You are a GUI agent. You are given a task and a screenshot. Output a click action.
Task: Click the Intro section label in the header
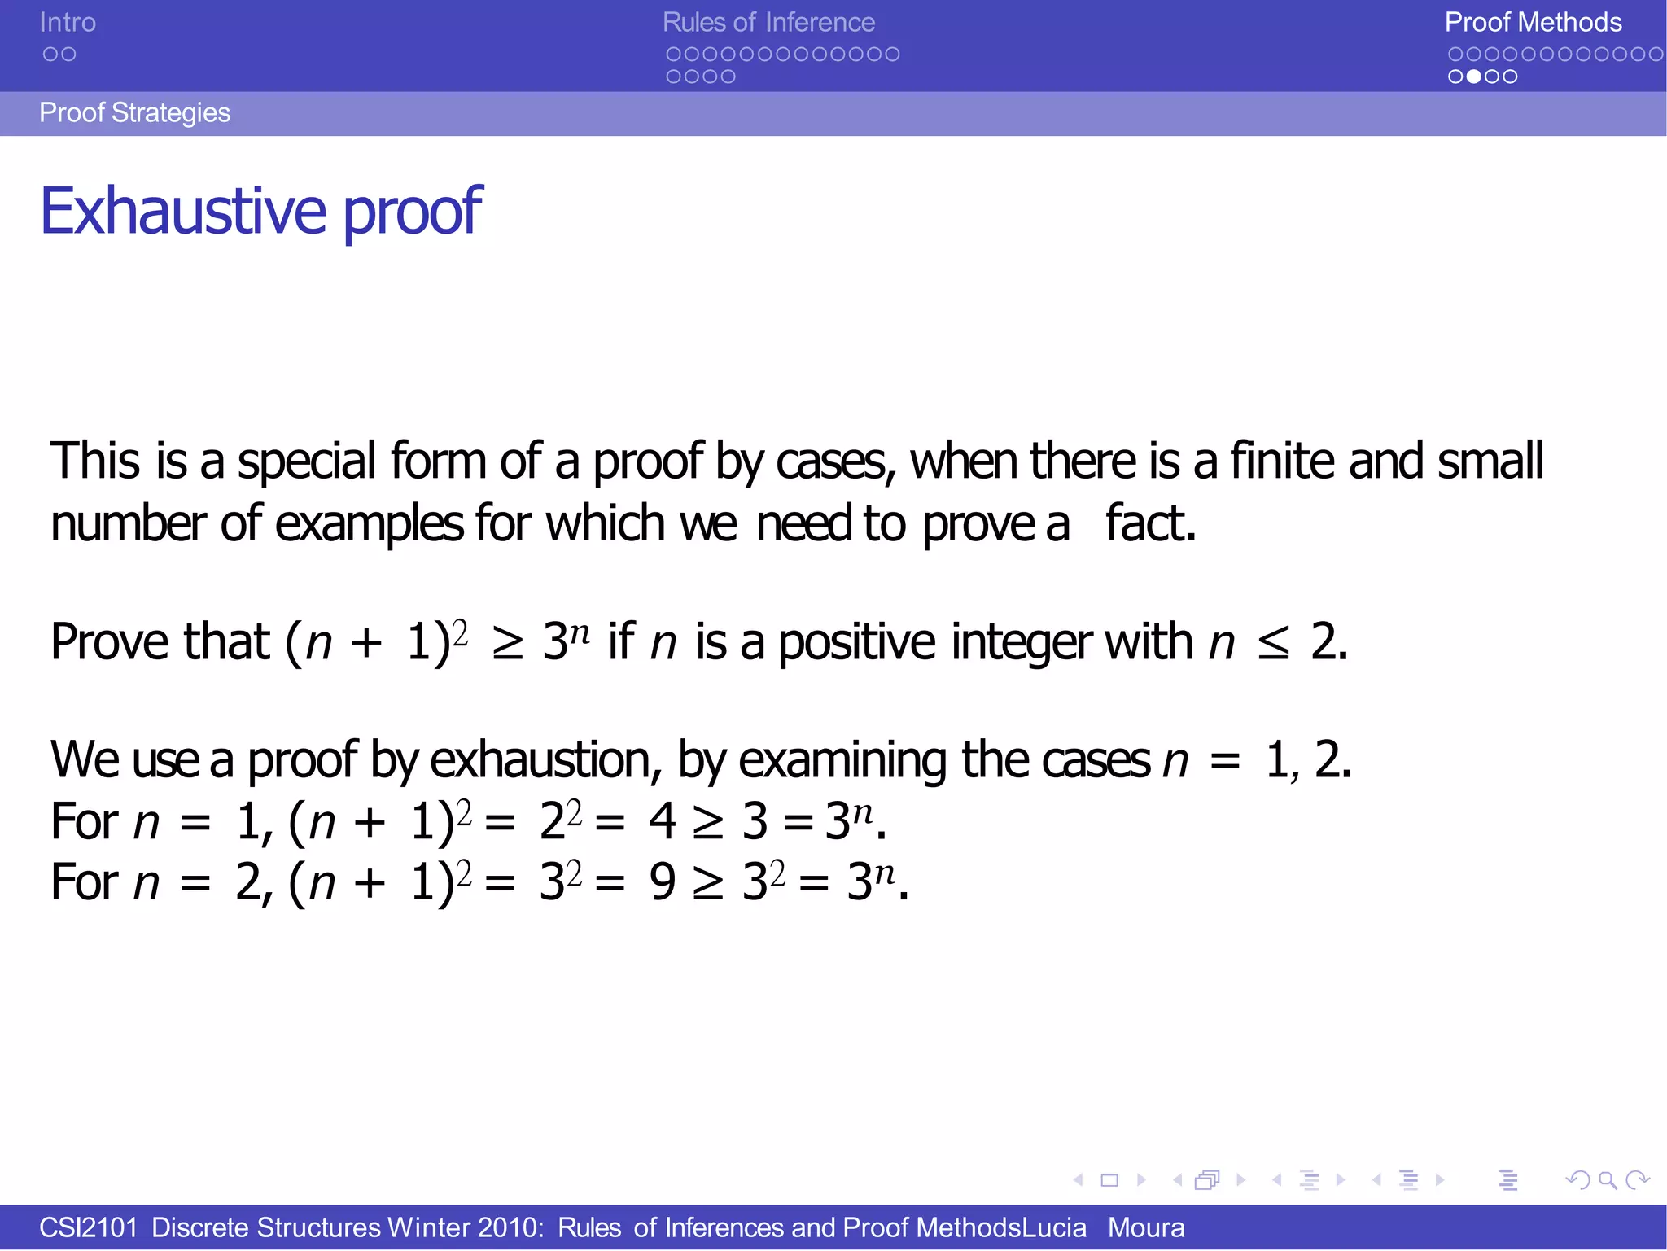68,23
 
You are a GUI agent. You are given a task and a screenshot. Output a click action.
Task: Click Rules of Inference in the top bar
768,23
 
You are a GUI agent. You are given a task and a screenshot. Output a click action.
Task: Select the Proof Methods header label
1533,23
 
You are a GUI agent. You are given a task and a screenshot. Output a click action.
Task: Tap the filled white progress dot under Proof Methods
1473,77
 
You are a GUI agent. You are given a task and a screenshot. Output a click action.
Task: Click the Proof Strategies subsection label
134,112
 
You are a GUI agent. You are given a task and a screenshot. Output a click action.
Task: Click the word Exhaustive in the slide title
183,211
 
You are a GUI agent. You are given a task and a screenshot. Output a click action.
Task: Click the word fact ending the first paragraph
1149,523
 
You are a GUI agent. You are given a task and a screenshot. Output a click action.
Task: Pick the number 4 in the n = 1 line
663,821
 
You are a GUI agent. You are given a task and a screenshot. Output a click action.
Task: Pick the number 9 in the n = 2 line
663,882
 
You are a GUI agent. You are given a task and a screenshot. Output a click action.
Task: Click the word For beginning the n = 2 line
85,882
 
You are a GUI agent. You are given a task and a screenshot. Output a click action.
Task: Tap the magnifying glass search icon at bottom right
1608,1179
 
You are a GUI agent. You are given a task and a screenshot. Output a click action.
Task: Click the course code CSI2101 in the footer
89,1227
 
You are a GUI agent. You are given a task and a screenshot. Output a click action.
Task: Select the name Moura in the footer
1146,1227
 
